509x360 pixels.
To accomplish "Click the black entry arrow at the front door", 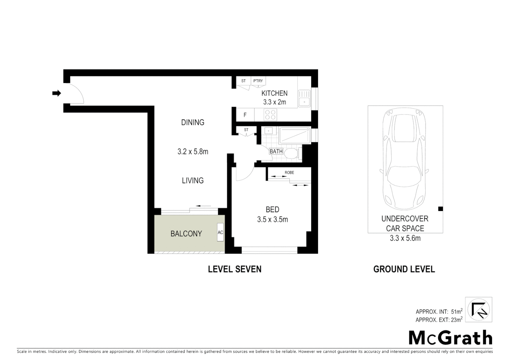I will pos(57,93).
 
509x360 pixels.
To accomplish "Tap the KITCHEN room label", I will pos(274,93).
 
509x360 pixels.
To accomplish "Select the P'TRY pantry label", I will pos(258,81).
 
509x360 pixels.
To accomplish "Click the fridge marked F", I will pos(245,115).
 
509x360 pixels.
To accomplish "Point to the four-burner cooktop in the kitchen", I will pos(270,115).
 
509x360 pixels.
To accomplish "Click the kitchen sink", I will pos(304,98).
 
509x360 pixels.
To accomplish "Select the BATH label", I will pos(276,151).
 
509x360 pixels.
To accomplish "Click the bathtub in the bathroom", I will pos(294,136).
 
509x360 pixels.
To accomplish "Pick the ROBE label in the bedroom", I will pos(289,173).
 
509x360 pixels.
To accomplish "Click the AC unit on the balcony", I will pos(220,232).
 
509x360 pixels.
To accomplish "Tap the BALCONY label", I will pos(186,234).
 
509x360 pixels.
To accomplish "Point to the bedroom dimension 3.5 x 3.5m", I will pos(272,220).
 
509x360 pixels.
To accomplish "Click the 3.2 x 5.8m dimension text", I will pos(193,152).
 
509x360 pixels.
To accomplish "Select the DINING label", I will pos(193,122).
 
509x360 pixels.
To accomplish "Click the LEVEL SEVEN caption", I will pos(235,269).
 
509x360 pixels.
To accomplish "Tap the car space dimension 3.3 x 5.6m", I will pos(405,238).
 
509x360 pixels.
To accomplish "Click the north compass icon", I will pos(478,310).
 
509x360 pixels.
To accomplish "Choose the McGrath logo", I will pos(450,338).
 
